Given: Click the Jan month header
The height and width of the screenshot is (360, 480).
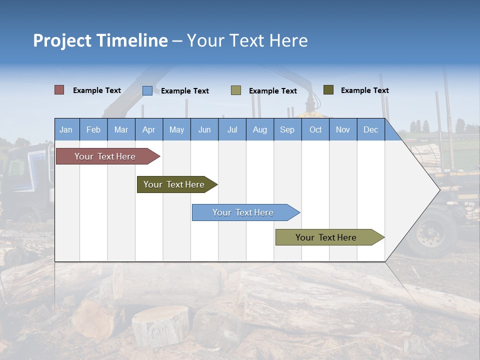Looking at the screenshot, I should click(x=66, y=129).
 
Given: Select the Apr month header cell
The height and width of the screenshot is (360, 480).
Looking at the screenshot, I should click(x=149, y=129).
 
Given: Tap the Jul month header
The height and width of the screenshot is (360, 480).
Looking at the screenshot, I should click(x=232, y=129).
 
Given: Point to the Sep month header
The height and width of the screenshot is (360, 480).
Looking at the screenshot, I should click(x=287, y=129).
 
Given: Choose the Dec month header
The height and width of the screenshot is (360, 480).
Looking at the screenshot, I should click(x=370, y=129).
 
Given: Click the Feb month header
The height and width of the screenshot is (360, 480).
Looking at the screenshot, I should click(x=93, y=129).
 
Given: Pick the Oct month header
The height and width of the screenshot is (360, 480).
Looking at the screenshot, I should click(x=315, y=129).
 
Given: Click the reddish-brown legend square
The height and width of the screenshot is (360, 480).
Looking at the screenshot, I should click(x=59, y=90).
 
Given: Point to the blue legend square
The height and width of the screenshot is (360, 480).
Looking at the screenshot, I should click(x=147, y=90).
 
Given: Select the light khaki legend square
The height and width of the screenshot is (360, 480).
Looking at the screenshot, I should click(x=236, y=90).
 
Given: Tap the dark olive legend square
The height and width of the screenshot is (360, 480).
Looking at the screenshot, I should click(x=328, y=90).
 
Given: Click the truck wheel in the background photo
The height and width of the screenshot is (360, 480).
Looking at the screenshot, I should click(x=431, y=232).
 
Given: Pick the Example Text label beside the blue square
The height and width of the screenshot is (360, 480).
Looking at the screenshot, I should click(x=184, y=91).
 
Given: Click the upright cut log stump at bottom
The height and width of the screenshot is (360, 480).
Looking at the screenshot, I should click(x=160, y=325).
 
